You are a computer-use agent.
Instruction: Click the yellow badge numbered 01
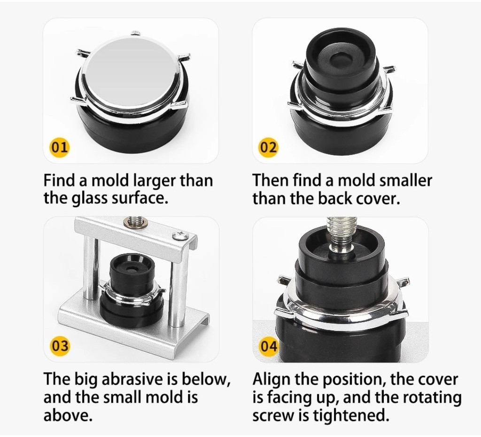(x=59, y=148)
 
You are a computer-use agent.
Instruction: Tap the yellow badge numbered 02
(x=268, y=148)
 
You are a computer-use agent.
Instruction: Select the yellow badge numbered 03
(x=60, y=346)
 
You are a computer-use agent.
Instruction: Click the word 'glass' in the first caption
(x=89, y=198)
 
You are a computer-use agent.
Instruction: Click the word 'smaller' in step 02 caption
(x=405, y=180)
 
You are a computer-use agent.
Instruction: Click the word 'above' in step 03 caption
(x=68, y=415)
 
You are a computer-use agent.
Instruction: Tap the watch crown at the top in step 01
(x=135, y=33)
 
